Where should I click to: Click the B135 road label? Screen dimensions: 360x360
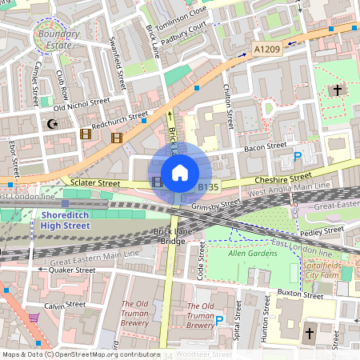[x=208, y=186]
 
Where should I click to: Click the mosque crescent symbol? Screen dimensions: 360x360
[x=54, y=124]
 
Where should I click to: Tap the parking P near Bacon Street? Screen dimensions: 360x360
[x=298, y=158]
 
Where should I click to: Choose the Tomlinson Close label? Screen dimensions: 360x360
[x=183, y=16]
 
